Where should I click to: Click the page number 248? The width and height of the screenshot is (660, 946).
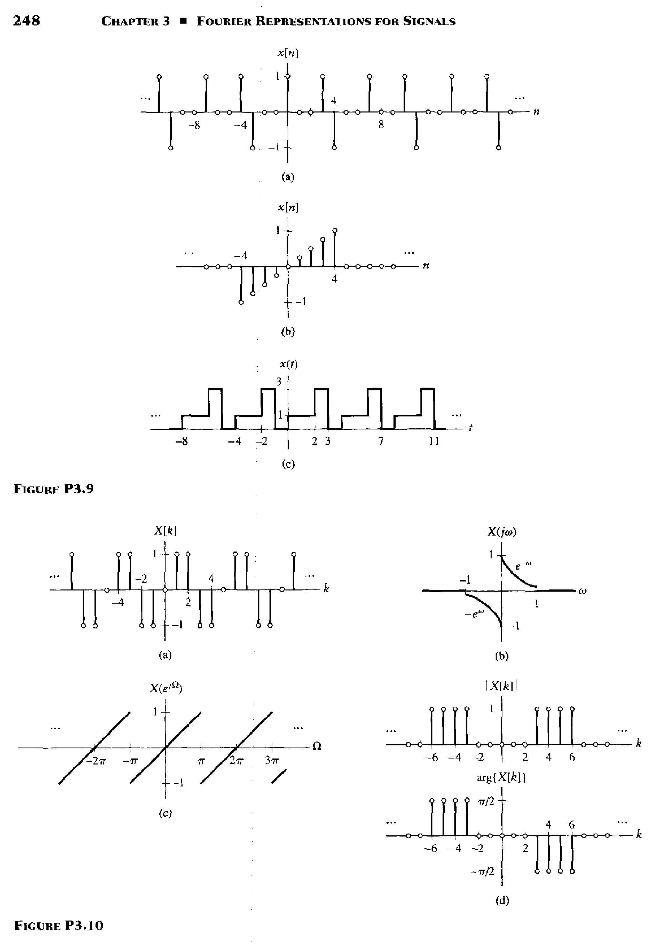point(26,21)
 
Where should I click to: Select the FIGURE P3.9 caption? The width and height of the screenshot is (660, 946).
point(54,489)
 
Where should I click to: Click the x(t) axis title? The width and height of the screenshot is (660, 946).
point(288,364)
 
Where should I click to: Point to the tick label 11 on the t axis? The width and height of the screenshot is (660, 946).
point(434,441)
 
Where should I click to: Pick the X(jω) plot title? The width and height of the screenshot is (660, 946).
point(501,532)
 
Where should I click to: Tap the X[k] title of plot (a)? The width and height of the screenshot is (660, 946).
point(165,531)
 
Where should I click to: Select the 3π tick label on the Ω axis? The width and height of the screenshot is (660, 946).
point(271,761)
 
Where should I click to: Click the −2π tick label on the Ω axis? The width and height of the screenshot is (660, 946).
point(96,761)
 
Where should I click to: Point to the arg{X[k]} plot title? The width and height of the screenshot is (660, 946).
point(501,777)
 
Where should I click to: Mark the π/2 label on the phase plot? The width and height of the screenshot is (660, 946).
point(487,802)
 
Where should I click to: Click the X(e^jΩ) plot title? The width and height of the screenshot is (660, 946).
point(166,688)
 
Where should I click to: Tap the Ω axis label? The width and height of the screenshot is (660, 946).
point(316,746)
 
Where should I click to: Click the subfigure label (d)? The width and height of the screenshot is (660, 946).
point(501,901)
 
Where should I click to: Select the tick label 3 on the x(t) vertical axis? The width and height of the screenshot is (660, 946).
point(279,382)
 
